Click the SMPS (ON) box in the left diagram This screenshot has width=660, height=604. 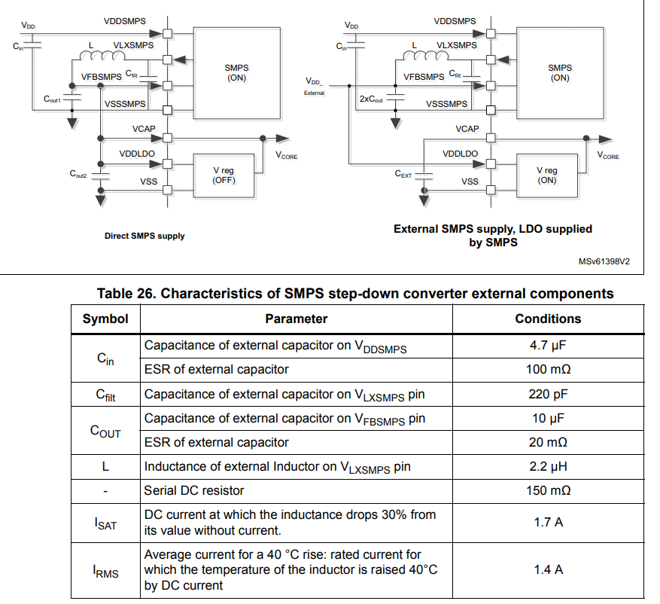(x=237, y=72)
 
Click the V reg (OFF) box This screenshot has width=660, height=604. (x=224, y=175)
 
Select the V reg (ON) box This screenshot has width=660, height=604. (x=547, y=175)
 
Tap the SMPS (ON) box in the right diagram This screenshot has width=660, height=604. (x=560, y=72)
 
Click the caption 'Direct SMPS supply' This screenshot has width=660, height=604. (x=144, y=236)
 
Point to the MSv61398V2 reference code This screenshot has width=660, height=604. (x=604, y=262)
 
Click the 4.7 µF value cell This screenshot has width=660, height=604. (x=547, y=346)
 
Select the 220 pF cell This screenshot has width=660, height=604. (x=547, y=394)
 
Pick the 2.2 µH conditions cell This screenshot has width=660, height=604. (x=547, y=466)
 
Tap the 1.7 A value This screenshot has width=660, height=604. (x=547, y=521)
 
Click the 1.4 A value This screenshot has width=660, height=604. (x=547, y=569)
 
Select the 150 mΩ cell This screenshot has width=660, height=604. (x=547, y=490)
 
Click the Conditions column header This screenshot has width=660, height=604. (x=547, y=319)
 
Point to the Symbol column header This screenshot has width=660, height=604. (x=105, y=319)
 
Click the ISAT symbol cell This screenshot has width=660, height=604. (x=105, y=522)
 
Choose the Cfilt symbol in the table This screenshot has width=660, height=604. (x=105, y=394)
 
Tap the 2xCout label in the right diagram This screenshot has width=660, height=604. (x=371, y=99)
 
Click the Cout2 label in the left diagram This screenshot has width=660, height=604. (x=78, y=174)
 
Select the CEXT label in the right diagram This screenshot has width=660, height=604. (x=403, y=174)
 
